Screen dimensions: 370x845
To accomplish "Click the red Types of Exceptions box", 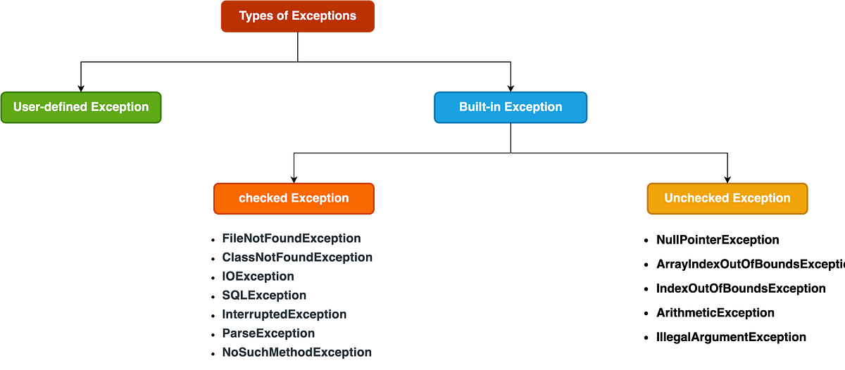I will pyautogui.click(x=298, y=16).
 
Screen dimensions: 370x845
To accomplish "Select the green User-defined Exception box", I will pyautogui.click(x=81, y=108).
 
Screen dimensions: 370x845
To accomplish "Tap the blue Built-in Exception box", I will pyautogui.click(x=511, y=108).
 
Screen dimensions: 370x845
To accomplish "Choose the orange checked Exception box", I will pyautogui.click(x=294, y=198).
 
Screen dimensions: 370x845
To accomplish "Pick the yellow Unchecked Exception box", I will pyautogui.click(x=727, y=198).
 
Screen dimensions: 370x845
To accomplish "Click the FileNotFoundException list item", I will pyautogui.click(x=292, y=238).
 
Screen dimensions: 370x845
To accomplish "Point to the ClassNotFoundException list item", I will pyautogui.click(x=296, y=257).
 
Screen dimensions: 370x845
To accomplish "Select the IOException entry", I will pyautogui.click(x=258, y=276).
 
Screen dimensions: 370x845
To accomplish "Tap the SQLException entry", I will pyautogui.click(x=264, y=295).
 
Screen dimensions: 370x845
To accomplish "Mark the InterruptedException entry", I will pyautogui.click(x=284, y=314).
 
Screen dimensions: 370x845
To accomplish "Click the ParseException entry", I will pyautogui.click(x=268, y=333).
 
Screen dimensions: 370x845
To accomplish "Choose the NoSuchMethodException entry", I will pyautogui.click(x=296, y=352).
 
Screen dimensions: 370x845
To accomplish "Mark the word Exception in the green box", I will pyautogui.click(x=119, y=108).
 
